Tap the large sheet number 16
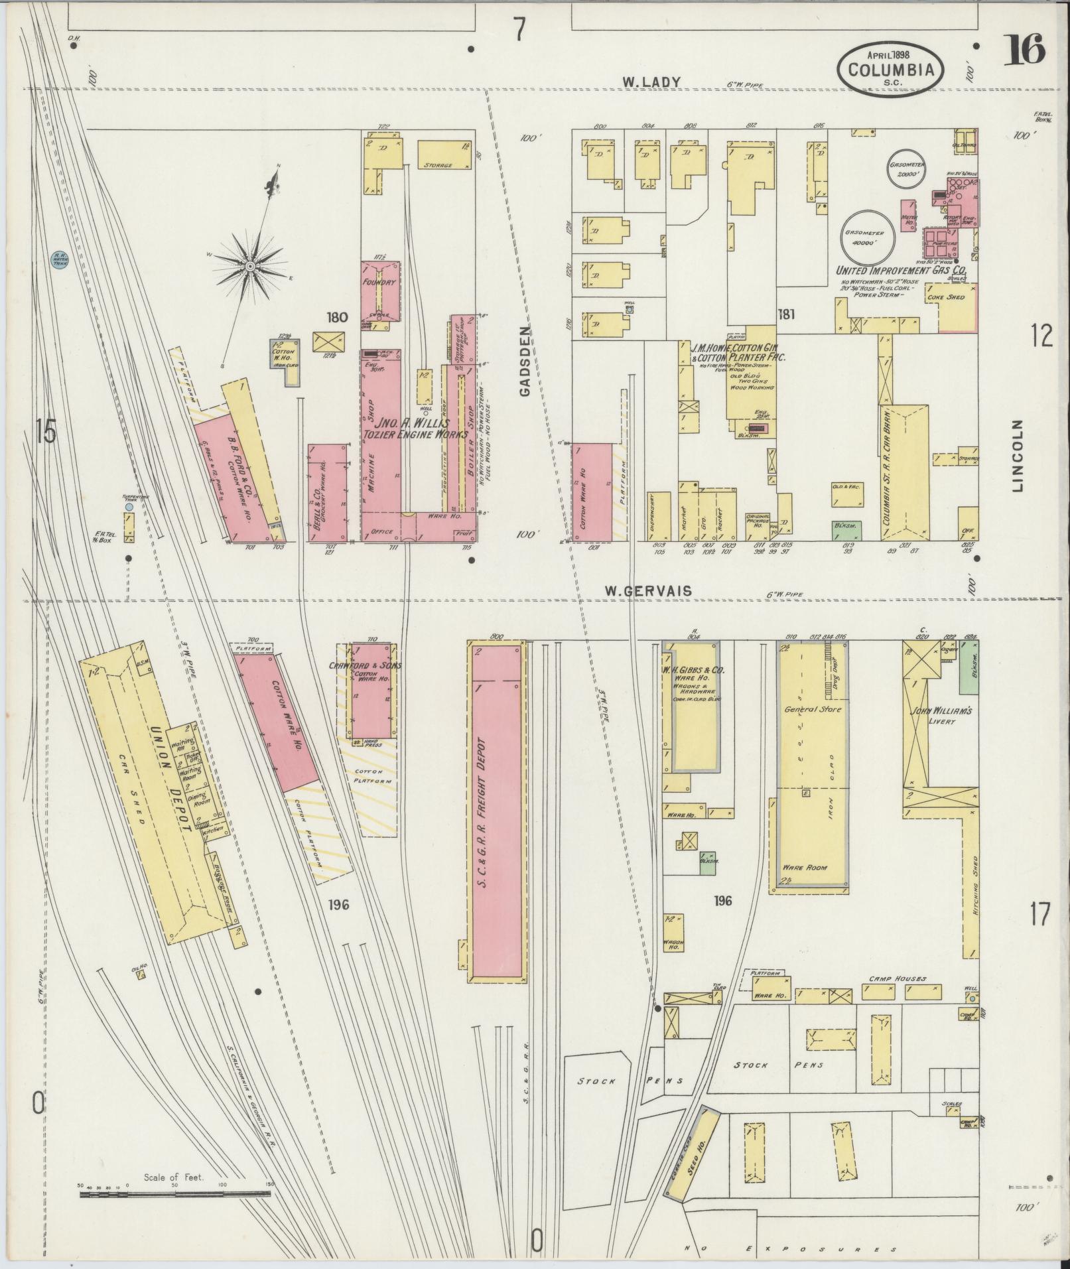coord(1026,50)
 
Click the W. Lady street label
coord(651,82)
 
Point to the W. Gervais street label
coord(649,590)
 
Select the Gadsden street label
coord(525,361)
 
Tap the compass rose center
coord(251,266)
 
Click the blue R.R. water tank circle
coord(59,260)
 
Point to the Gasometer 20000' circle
coord(907,170)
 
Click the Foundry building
coord(381,291)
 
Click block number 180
coord(337,318)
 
